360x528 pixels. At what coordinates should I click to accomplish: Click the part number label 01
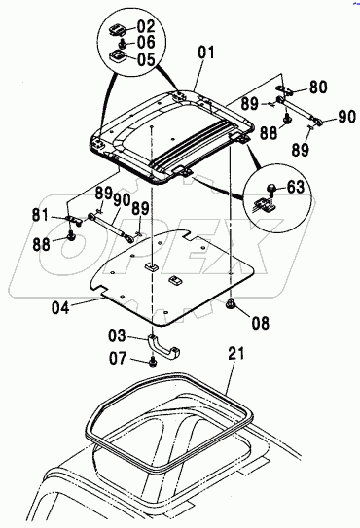coord(206,53)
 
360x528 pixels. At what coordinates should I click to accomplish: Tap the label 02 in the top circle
coord(146,26)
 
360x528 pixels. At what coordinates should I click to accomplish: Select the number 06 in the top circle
coord(146,42)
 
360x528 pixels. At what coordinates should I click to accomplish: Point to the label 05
coord(146,59)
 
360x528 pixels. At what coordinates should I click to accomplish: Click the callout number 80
coord(318,87)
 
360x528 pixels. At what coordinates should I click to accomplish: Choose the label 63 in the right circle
coord(296,187)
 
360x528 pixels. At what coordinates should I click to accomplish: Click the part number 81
coord(41,215)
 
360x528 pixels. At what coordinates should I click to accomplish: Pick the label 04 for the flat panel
coord(60,308)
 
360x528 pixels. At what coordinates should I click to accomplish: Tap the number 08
coord(261,323)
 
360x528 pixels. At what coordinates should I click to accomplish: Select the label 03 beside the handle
coord(118,335)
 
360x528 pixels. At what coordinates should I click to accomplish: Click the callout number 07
coord(118,359)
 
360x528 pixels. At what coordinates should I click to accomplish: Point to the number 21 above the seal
coord(236,355)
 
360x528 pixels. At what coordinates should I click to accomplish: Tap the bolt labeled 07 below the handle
coord(153,363)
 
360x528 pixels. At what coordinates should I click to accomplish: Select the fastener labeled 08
coord(231,303)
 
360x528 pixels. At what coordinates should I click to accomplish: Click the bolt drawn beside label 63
coord(271,191)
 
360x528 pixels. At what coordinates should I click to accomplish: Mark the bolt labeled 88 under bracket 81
coord(71,236)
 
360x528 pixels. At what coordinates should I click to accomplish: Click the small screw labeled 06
coord(123,43)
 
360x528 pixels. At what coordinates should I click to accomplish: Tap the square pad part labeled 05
coord(118,56)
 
